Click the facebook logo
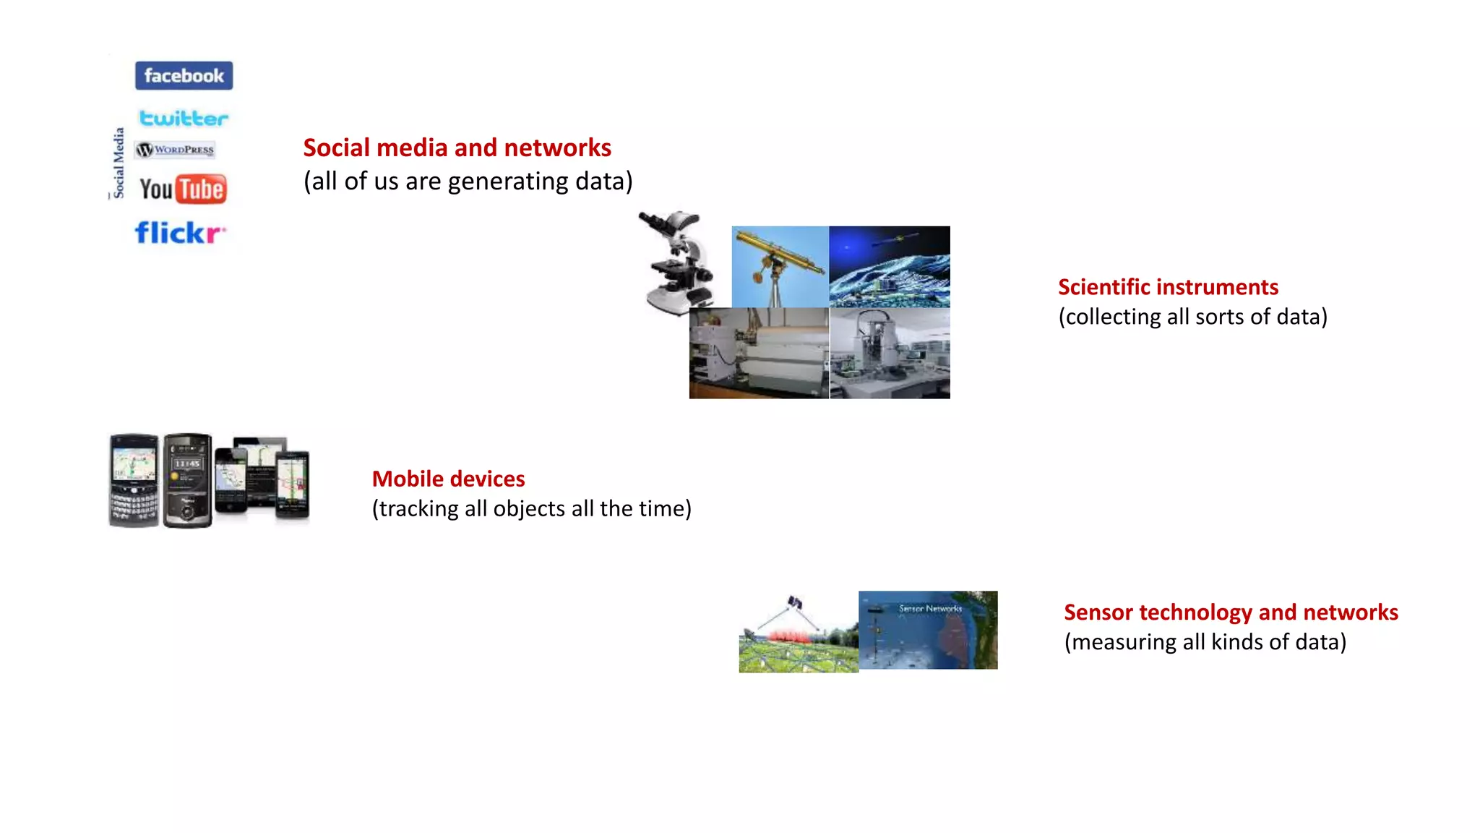click(x=184, y=76)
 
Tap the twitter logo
click(x=184, y=118)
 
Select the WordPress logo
click(x=176, y=150)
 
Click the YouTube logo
click(x=183, y=189)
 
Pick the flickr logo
click(x=180, y=233)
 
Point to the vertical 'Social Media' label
click(x=119, y=163)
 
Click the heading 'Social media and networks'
click(x=457, y=148)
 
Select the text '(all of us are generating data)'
click(x=468, y=181)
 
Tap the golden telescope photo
click(x=780, y=266)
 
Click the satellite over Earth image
click(x=890, y=266)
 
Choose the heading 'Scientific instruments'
click(x=1168, y=287)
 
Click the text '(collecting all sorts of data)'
click(x=1192, y=317)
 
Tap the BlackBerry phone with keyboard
click(x=134, y=480)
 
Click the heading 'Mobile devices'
click(x=448, y=479)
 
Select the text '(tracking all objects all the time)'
click(x=531, y=508)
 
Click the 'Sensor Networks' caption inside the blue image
click(x=930, y=609)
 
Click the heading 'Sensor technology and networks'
click(x=1231, y=612)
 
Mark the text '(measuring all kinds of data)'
click(x=1205, y=642)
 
